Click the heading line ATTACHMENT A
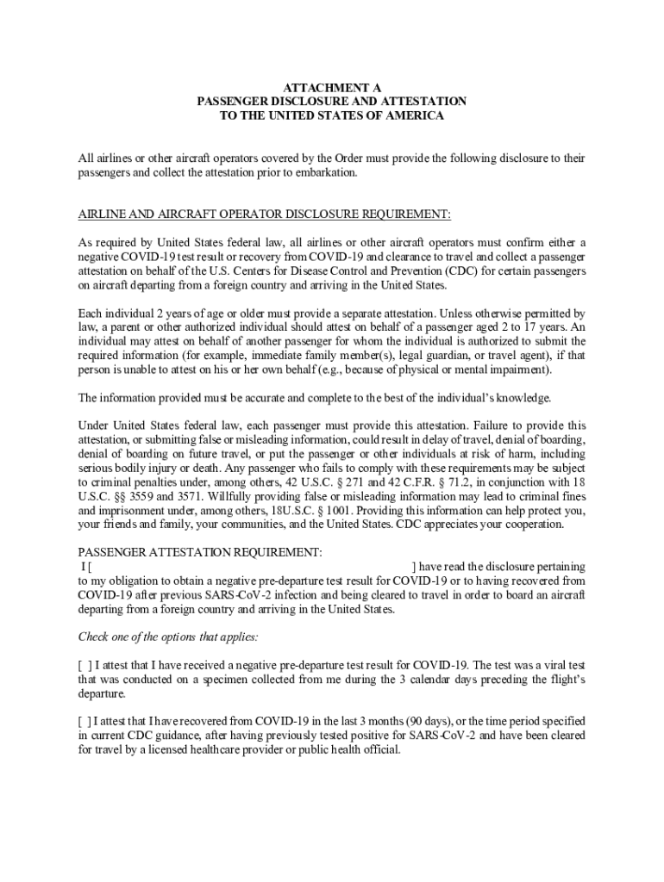pyautogui.click(x=332, y=87)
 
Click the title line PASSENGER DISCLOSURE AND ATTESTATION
pyautogui.click(x=332, y=101)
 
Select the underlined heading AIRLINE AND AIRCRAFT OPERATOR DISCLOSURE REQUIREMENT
pyautogui.click(x=265, y=214)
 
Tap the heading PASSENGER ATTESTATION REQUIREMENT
pyautogui.click(x=201, y=552)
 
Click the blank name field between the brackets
pyautogui.click(x=250, y=567)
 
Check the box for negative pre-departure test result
pyautogui.click(x=85, y=665)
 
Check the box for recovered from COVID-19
pyautogui.click(x=85, y=721)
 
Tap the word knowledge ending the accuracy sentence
pyautogui.click(x=521, y=398)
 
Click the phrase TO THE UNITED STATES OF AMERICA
pyautogui.click(x=332, y=115)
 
